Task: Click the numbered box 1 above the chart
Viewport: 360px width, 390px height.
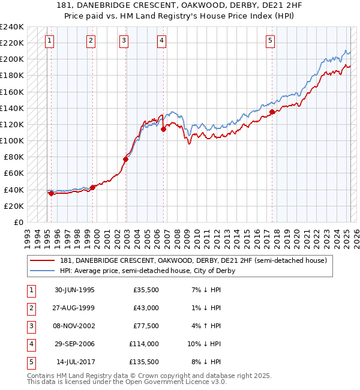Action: pos(49,41)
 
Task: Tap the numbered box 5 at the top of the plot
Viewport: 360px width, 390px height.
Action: pos(271,41)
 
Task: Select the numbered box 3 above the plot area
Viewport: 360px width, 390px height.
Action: pos(124,41)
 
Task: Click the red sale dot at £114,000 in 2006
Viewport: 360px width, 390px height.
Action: pos(163,129)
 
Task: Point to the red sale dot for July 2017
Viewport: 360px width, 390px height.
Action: pos(272,112)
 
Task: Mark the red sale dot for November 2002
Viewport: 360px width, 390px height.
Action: pos(126,159)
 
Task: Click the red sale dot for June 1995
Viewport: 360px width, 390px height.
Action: pos(52,193)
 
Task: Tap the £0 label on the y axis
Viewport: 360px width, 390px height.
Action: pos(19,222)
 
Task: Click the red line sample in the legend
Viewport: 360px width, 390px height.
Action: pos(42,261)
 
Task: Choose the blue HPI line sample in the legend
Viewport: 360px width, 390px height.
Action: pos(42,271)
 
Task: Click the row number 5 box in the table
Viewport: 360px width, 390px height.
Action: pos(31,362)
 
